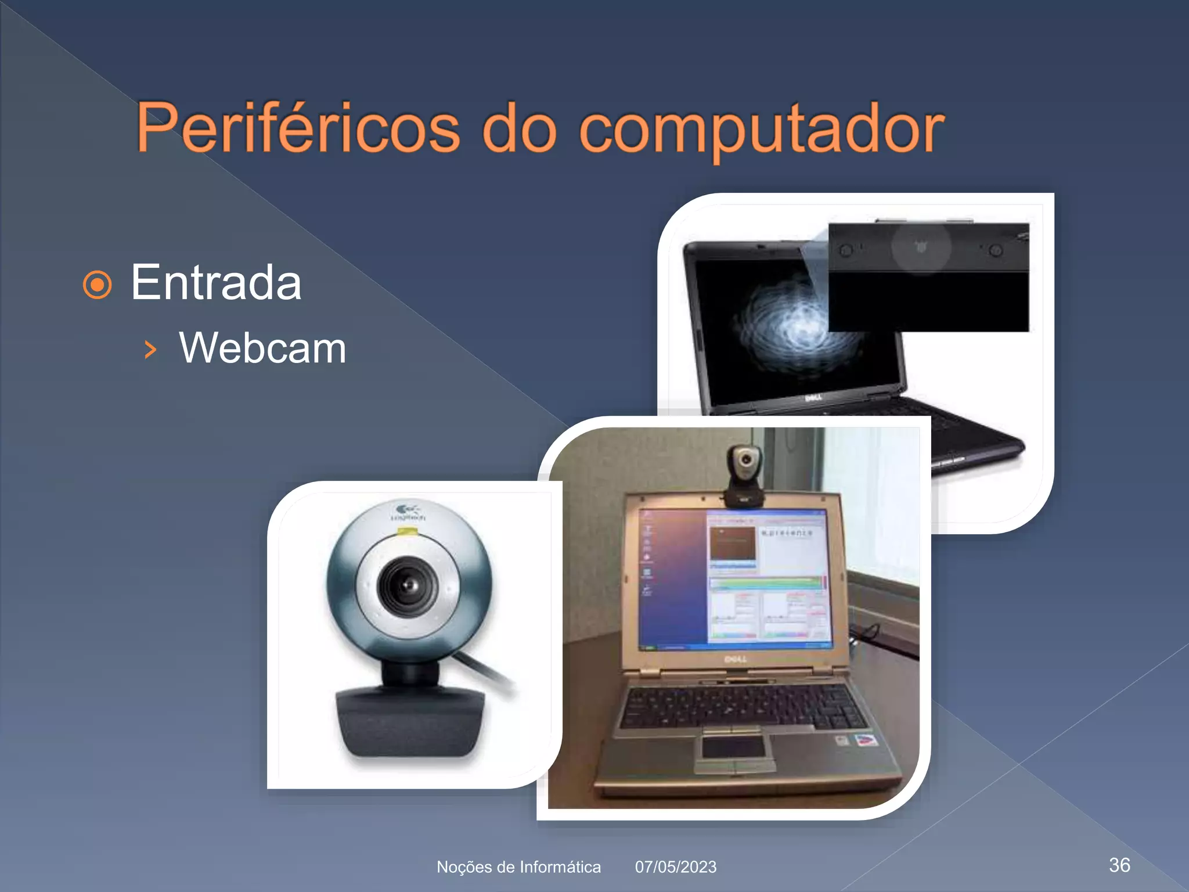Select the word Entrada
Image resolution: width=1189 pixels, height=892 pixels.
coord(216,283)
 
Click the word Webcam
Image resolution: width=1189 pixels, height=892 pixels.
coord(262,348)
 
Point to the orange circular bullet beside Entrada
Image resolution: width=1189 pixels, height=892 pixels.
coord(97,285)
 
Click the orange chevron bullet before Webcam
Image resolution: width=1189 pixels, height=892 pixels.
coord(150,349)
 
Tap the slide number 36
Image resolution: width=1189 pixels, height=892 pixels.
coord(1119,865)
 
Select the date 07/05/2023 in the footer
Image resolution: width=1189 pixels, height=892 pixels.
coord(676,867)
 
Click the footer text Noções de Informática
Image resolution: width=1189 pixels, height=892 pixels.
coord(518,867)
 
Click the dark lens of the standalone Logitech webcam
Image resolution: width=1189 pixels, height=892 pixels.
coord(408,585)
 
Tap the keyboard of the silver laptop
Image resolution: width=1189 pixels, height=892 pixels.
coord(743,706)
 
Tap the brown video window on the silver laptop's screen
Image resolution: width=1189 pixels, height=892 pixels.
coord(733,544)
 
